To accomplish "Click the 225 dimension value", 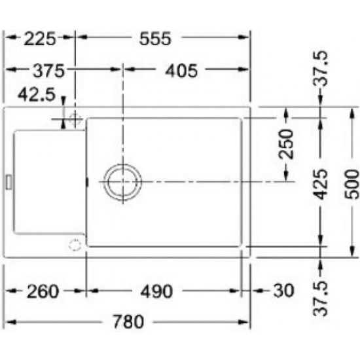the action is [x=40, y=39].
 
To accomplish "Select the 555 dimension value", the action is [x=155, y=39].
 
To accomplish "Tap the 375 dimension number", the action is [x=49, y=71].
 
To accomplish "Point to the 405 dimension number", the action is [x=181, y=71].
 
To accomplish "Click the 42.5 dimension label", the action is [x=37, y=94].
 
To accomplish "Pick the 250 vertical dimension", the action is [x=286, y=144].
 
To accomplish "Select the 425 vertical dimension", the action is [x=320, y=184].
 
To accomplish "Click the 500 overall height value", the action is [x=351, y=184].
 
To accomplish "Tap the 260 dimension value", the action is [x=43, y=291].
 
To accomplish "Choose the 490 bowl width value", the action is [x=156, y=291].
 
